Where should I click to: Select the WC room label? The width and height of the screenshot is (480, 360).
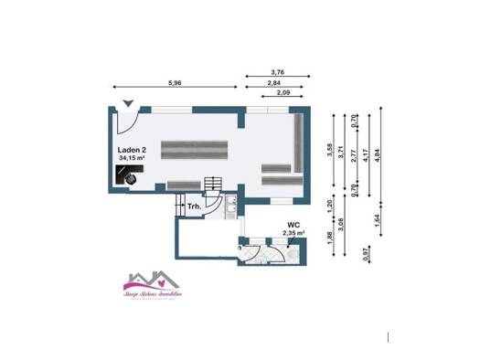click(293, 224)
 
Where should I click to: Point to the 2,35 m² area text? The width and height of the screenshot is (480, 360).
click(293, 233)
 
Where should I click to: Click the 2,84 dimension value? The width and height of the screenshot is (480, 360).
click(273, 83)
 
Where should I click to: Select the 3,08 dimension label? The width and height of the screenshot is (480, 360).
click(340, 225)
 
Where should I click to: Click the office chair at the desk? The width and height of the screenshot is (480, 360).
click(132, 180)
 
